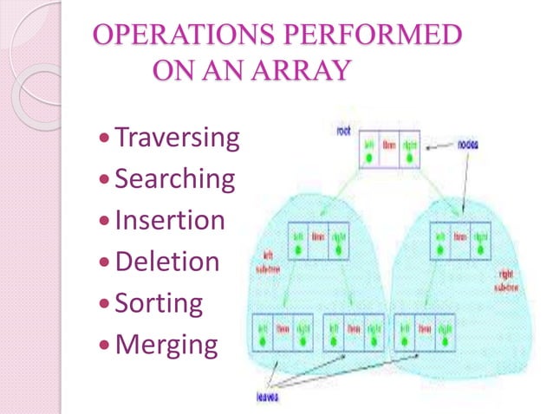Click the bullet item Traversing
coord(178,137)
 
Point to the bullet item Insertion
coord(170,220)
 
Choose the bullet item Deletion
coord(167,262)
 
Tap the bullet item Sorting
coord(159,303)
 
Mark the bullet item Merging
coord(166,345)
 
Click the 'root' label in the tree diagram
coord(343,131)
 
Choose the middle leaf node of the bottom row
coord(354,333)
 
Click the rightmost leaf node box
coord(425,333)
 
